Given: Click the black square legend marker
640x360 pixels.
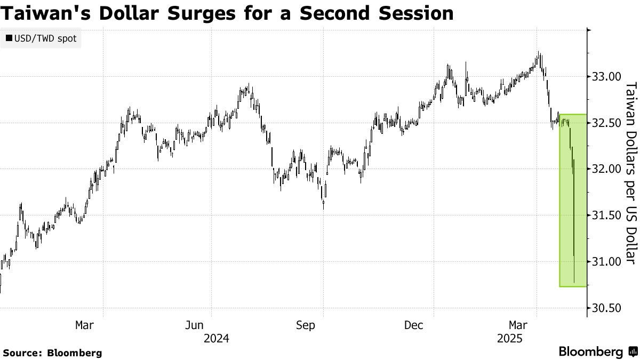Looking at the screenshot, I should click(9, 39).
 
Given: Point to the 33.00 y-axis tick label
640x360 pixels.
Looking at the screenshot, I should click(606, 77).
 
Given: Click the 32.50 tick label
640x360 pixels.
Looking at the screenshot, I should click(606, 123).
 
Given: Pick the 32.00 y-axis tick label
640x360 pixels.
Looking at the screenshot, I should click(606, 169).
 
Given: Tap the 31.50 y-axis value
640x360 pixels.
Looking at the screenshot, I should click(606, 215).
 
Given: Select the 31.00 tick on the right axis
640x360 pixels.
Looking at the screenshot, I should click(606, 261).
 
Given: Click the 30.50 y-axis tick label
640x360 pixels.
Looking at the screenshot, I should click(606, 308).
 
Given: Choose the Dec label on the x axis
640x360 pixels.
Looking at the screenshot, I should click(414, 325).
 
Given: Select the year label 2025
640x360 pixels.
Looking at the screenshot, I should click(510, 339).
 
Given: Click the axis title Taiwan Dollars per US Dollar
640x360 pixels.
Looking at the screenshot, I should click(630, 174).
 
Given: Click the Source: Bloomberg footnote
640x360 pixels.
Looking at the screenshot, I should click(52, 353).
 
